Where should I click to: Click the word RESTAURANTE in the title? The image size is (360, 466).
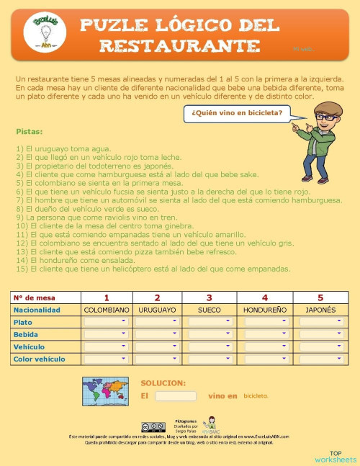(x=180, y=46)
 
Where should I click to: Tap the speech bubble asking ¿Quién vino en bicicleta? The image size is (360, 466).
(x=237, y=112)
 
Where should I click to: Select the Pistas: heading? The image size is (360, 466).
(x=29, y=132)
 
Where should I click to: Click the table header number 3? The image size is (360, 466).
(x=210, y=297)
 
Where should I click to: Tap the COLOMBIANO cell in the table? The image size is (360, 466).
(x=107, y=310)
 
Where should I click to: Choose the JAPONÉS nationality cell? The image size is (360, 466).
(x=320, y=310)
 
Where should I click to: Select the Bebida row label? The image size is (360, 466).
(x=27, y=334)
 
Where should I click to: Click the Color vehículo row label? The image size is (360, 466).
(x=39, y=359)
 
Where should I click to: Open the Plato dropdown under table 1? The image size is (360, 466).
(x=107, y=322)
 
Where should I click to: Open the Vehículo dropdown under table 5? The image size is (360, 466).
(x=320, y=346)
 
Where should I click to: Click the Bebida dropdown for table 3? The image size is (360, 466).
(x=210, y=334)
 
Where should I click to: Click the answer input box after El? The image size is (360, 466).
(x=176, y=396)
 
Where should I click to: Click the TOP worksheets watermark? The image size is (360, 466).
(x=335, y=456)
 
